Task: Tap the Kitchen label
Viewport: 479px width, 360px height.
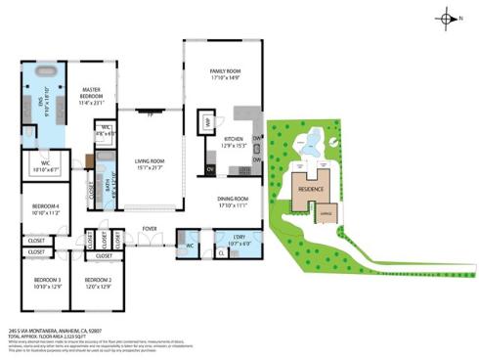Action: [x=234, y=142]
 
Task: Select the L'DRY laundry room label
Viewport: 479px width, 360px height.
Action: [x=238, y=239]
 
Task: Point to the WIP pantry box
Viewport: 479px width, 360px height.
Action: [x=207, y=121]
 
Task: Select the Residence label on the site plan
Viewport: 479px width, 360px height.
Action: [x=311, y=188]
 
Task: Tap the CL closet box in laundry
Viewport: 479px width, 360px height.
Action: [x=222, y=251]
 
